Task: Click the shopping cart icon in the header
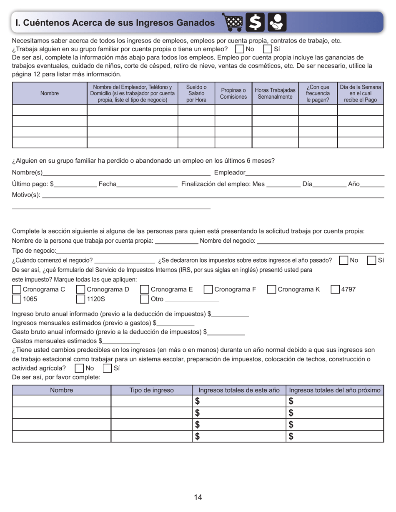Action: pyautogui.click(x=233, y=22)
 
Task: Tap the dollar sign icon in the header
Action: pyautogui.click(x=255, y=22)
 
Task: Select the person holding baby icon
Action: pyautogui.click(x=277, y=22)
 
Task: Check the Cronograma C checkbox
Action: pyautogui.click(x=16, y=289)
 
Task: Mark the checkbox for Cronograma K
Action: pyautogui.click(x=271, y=289)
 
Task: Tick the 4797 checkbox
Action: pyautogui.click(x=335, y=289)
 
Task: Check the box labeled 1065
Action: pyautogui.click(x=16, y=299)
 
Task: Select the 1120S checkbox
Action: pyautogui.click(x=80, y=299)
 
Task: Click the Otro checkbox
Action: pyautogui.click(x=144, y=299)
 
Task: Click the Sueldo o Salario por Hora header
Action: pyautogui.click(x=196, y=94)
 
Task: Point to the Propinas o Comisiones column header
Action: pyautogui.click(x=233, y=94)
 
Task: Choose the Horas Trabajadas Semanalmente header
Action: pyautogui.click(x=275, y=94)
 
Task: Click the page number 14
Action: pyautogui.click(x=198, y=497)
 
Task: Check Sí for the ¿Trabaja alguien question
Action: pyautogui.click(x=268, y=49)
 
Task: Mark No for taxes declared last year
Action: pyautogui.click(x=343, y=261)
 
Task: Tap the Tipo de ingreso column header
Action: pyautogui.click(x=151, y=390)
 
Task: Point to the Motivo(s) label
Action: pyautogui.click(x=26, y=194)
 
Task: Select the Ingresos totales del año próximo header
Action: pyautogui.click(x=334, y=390)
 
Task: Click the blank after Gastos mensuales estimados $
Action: pyautogui.click(x=121, y=341)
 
